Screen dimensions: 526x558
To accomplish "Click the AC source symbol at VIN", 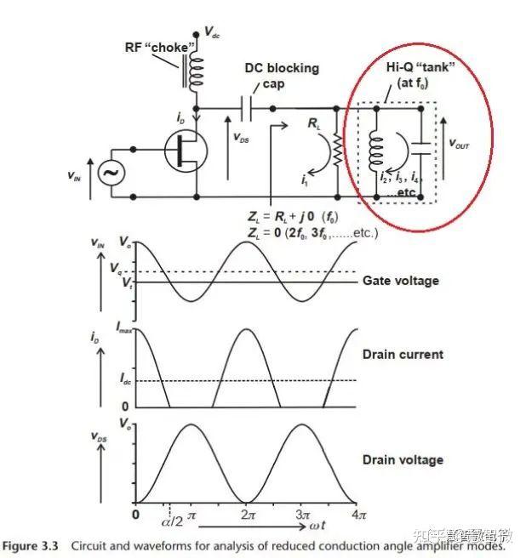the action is click(x=110, y=173).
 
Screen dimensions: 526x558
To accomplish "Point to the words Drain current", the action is click(x=403, y=354).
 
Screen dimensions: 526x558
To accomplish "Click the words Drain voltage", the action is click(x=403, y=460).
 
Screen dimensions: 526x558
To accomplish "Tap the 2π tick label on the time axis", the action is click(x=245, y=516).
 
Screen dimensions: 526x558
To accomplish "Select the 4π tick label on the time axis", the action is click(x=357, y=516).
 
